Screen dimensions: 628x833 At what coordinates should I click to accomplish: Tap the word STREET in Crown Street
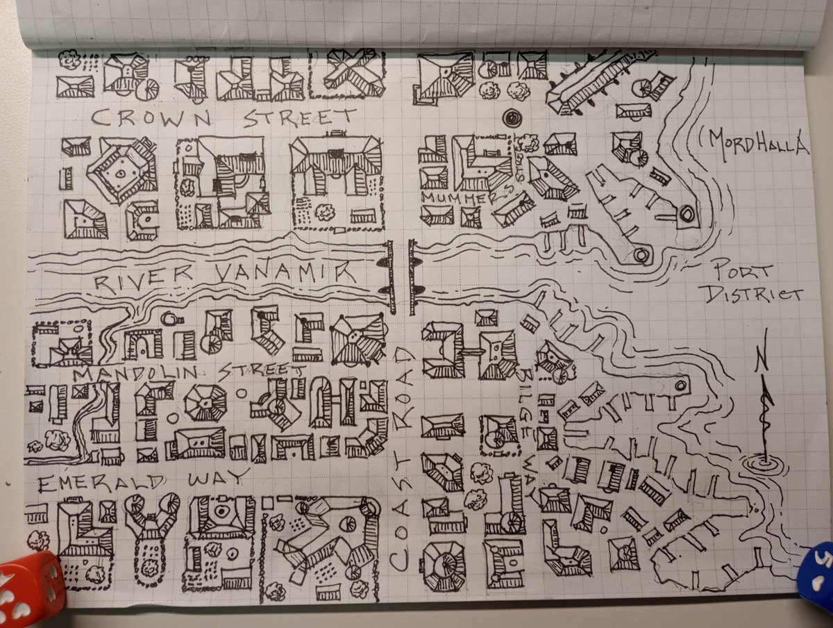300,119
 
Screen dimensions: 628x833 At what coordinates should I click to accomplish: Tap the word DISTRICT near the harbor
753,295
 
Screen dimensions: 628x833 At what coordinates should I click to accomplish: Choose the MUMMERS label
467,198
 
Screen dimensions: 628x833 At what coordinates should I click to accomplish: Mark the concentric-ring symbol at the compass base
763,463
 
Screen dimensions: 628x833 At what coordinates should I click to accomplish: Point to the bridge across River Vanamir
401,276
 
